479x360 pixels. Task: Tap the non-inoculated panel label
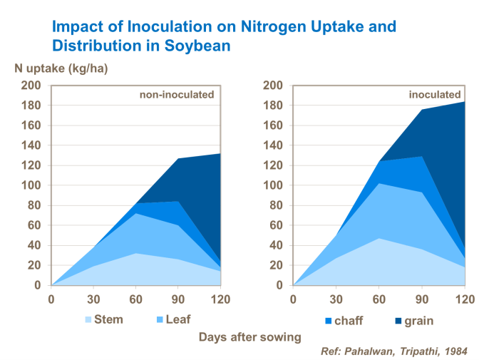176,94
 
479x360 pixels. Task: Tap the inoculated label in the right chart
434,94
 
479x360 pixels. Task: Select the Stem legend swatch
89,320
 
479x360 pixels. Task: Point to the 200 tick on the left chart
31,86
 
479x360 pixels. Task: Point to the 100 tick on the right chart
274,185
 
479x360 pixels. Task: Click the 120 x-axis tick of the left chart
220,299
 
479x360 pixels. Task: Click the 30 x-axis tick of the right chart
336,299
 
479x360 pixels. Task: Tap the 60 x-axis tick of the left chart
135,299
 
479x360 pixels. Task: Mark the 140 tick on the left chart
31,145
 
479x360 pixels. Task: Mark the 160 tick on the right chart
274,125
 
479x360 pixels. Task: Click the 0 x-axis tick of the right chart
294,299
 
